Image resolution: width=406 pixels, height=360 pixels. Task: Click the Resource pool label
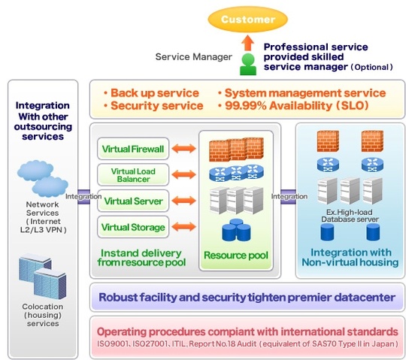[236, 256]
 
